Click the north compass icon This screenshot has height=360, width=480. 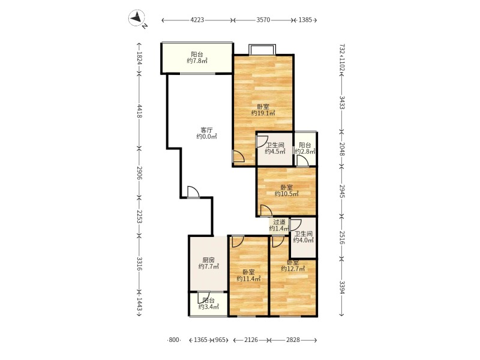(x=137, y=18)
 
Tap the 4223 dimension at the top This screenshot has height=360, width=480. (x=197, y=20)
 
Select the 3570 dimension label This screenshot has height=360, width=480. (x=263, y=20)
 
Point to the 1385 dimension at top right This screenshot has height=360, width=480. (x=305, y=20)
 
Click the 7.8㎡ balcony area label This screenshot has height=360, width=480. (x=197, y=61)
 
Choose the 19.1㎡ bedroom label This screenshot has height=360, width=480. (x=263, y=113)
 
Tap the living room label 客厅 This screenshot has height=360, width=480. (x=206, y=130)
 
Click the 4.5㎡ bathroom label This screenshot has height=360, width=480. (x=275, y=151)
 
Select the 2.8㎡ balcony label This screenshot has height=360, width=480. (x=305, y=151)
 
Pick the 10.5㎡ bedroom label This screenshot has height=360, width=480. (x=287, y=194)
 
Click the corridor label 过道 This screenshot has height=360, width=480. (x=279, y=222)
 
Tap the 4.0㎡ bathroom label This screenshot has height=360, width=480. (x=304, y=240)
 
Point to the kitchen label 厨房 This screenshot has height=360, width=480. (x=208, y=260)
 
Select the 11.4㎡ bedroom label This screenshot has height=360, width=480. (x=248, y=278)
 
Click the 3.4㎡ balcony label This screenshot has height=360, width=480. (x=208, y=307)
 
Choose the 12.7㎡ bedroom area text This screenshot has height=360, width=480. (x=293, y=269)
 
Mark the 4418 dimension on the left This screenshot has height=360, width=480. (x=139, y=111)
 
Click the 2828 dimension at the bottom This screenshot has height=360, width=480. (x=293, y=340)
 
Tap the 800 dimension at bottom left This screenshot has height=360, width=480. (x=173, y=340)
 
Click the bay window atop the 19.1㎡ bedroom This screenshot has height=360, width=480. (x=262, y=50)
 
